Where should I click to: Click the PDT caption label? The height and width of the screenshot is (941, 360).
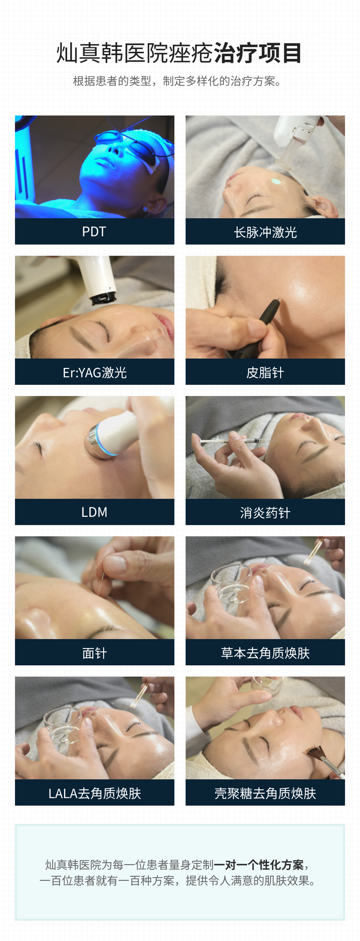[94, 232]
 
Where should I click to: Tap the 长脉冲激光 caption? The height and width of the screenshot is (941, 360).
[265, 232]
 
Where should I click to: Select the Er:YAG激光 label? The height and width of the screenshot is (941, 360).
[94, 372]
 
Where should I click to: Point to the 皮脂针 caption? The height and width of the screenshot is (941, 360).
[265, 372]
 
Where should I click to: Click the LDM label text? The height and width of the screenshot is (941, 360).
[94, 512]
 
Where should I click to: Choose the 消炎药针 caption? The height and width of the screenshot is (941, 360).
[265, 513]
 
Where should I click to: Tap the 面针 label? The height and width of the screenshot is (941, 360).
[94, 653]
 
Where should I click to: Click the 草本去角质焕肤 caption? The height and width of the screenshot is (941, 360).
[265, 653]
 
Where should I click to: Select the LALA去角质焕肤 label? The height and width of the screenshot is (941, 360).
[94, 793]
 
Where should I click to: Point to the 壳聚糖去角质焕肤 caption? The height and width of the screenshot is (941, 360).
[265, 793]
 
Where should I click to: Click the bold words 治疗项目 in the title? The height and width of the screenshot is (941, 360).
[258, 53]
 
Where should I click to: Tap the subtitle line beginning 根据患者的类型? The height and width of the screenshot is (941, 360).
[177, 81]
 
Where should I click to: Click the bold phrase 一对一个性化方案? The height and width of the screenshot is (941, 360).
[259, 865]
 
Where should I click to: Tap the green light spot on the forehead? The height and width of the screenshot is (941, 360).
[276, 182]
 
